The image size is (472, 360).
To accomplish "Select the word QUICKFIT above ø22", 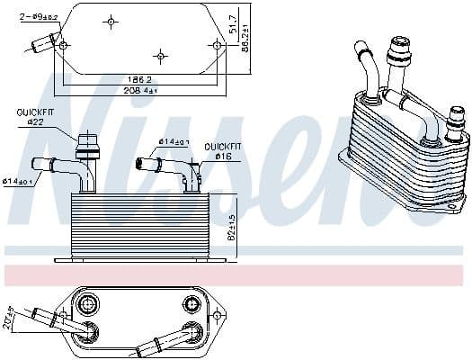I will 33,112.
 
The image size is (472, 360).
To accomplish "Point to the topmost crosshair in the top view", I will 111,21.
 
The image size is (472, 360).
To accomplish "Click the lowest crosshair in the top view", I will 159,56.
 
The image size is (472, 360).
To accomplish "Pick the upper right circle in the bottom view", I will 190,301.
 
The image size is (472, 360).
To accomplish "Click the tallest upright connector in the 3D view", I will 396,54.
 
